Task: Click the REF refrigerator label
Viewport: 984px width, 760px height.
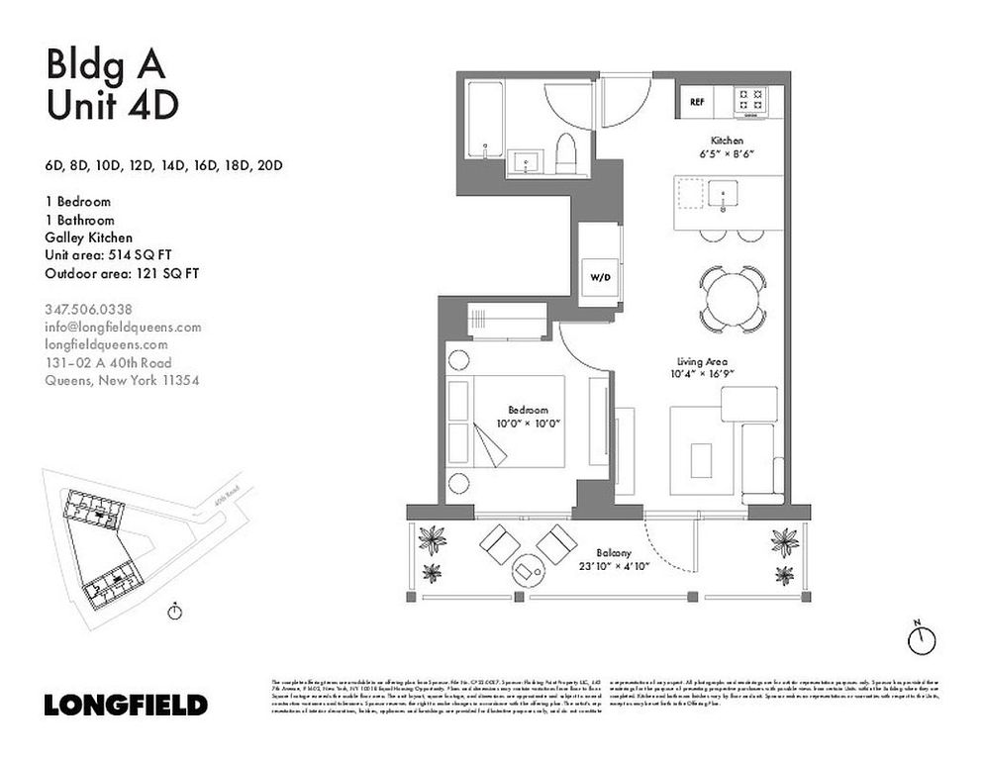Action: (697, 101)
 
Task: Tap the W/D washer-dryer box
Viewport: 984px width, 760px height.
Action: (601, 277)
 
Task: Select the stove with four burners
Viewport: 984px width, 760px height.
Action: (750, 101)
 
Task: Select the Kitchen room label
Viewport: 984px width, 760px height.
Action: (727, 142)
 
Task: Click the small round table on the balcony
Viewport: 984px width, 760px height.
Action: (527, 570)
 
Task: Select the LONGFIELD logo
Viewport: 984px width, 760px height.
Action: (126, 706)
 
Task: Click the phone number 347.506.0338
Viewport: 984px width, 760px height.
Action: (89, 309)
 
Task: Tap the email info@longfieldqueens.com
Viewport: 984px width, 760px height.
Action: (124, 327)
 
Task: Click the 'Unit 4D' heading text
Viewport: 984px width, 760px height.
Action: (112, 104)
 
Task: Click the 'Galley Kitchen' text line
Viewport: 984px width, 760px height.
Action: (89, 237)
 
